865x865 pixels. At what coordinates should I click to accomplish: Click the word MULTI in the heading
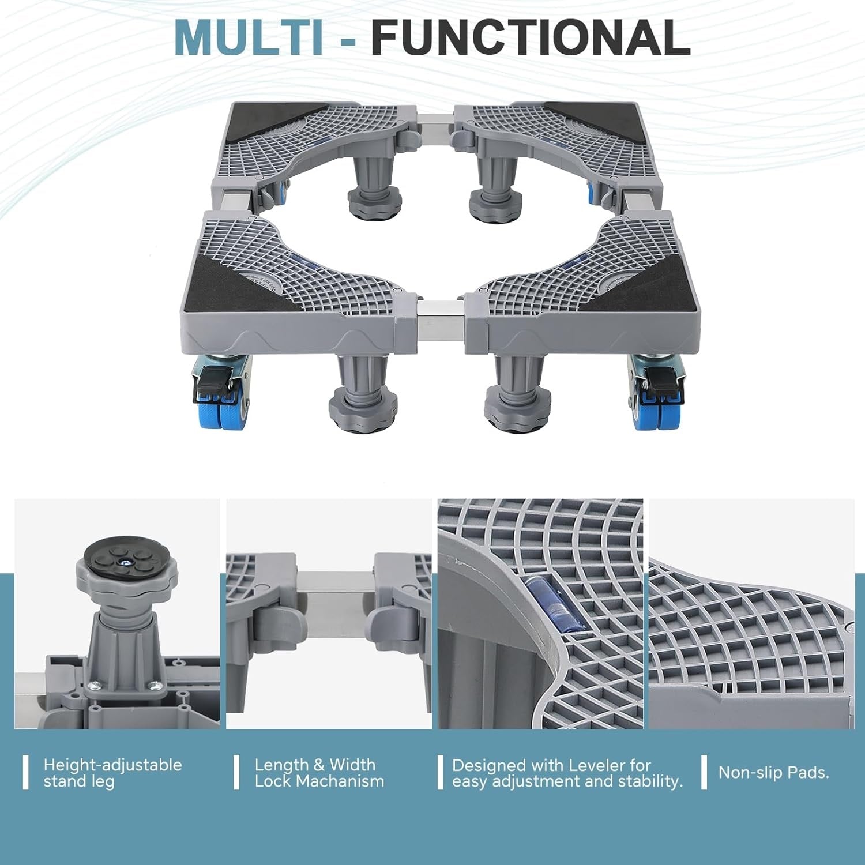[249, 37]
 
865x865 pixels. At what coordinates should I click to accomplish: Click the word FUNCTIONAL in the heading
[531, 37]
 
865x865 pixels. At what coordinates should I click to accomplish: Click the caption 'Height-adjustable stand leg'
[112, 773]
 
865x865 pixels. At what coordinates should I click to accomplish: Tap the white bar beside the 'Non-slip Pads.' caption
[704, 772]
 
